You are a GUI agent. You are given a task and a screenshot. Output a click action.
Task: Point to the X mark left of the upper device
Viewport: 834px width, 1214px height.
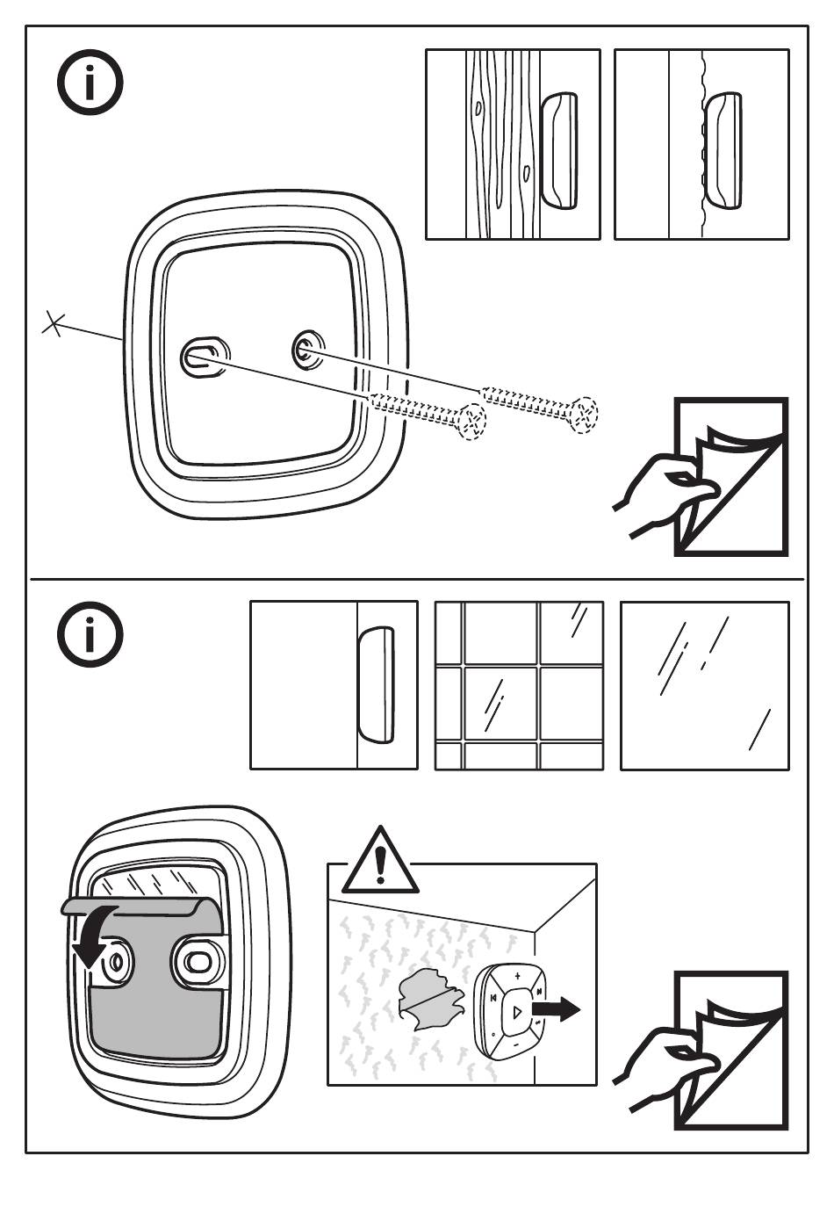[x=54, y=324]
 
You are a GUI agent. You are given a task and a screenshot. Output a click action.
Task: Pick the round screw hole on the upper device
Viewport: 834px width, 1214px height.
[x=306, y=350]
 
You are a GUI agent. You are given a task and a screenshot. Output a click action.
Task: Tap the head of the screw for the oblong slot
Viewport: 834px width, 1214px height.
[x=472, y=421]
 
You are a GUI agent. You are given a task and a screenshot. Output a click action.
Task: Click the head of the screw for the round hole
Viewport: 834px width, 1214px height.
[x=584, y=414]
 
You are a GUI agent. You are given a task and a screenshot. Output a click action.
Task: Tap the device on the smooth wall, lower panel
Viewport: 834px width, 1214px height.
[x=376, y=685]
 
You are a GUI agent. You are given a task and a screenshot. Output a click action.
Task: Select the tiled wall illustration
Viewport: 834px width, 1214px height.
[x=519, y=685]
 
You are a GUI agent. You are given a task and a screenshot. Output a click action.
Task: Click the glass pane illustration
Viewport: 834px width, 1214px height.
[x=704, y=685]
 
